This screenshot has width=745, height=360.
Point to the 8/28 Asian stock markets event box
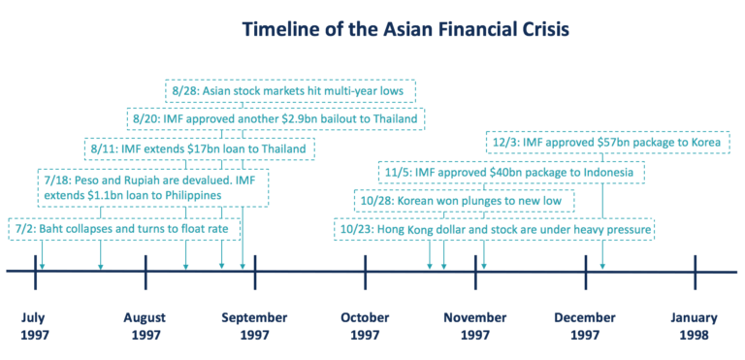click(x=291, y=91)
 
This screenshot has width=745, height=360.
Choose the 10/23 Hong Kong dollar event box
click(x=495, y=230)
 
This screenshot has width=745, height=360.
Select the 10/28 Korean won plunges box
click(x=464, y=201)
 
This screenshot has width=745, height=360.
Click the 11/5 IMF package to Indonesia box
click(x=510, y=173)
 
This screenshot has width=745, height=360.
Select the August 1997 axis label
click(x=146, y=326)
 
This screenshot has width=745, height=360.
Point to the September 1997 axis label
click(x=255, y=326)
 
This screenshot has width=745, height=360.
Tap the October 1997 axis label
click(x=365, y=326)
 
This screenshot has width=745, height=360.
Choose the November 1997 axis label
click(x=475, y=326)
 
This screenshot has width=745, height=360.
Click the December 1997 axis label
click(x=585, y=326)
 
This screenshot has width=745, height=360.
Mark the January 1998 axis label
click(x=695, y=326)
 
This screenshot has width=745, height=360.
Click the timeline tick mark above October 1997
click(x=365, y=272)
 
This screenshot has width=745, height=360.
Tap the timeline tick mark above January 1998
click(x=695, y=272)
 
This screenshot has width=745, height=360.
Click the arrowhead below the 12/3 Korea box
click(x=602, y=264)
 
